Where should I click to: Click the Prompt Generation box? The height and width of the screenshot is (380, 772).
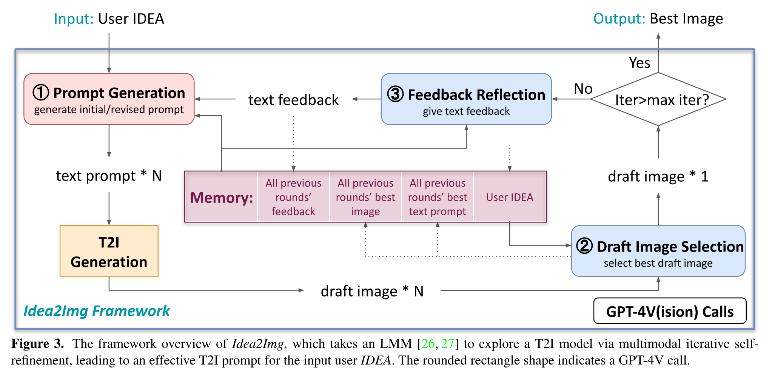109,99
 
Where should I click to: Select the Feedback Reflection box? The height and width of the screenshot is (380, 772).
466,99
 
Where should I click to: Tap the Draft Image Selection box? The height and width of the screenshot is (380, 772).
658,251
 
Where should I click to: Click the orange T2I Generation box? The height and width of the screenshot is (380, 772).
109,251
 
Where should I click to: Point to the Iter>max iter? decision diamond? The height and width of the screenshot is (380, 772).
658,99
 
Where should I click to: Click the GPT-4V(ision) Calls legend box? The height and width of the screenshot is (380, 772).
670,311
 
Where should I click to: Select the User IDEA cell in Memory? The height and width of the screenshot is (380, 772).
510,197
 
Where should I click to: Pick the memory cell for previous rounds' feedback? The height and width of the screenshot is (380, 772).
293,197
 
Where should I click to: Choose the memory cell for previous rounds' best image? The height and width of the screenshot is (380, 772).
365,197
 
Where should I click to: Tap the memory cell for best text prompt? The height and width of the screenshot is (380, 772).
438,197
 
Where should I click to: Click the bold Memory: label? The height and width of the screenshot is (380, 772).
222,198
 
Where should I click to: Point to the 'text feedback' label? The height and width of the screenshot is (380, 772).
293,100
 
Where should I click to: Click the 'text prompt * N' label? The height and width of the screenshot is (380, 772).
109,176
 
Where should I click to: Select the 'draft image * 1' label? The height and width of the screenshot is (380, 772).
658,176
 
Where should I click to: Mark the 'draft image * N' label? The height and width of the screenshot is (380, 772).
372,291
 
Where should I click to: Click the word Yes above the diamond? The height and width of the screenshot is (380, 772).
639,63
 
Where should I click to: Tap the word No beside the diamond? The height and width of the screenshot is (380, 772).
583,89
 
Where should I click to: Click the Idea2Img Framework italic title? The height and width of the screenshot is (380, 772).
97,311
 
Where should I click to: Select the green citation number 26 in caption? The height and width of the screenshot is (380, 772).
428,344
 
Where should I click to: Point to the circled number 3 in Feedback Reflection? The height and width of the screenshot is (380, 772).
396,94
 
